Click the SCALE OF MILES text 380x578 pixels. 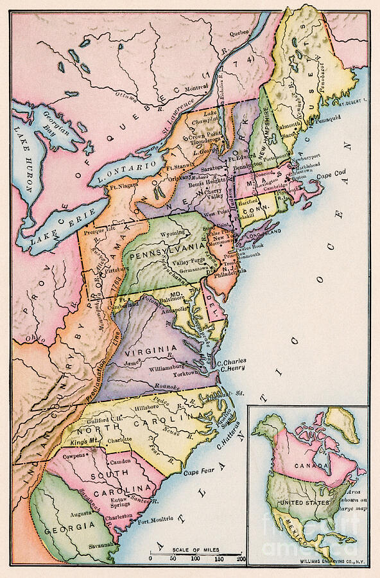pyautogui.click(x=197, y=550)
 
